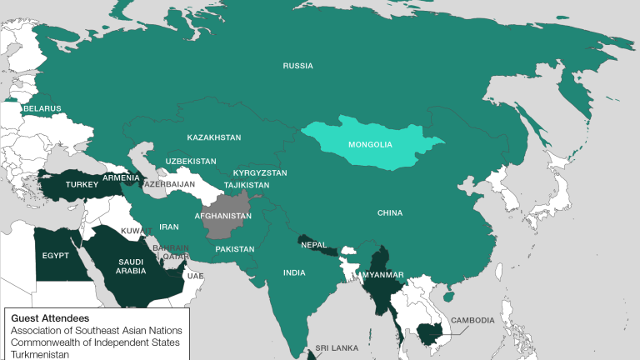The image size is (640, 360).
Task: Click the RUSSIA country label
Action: (x=297, y=65)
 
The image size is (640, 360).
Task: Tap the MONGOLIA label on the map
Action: (x=370, y=144)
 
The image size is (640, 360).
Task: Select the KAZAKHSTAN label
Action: (x=213, y=137)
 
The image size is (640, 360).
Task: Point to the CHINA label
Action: (x=389, y=213)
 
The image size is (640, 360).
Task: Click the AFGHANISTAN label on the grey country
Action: (x=222, y=216)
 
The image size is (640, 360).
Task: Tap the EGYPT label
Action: (x=54, y=254)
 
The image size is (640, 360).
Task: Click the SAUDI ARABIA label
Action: (x=131, y=264)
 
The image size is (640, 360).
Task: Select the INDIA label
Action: (x=293, y=272)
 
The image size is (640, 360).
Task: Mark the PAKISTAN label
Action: (x=234, y=249)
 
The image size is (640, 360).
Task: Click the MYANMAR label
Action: (x=382, y=275)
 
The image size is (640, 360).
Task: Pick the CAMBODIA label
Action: (x=472, y=320)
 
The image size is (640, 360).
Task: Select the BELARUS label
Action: (x=42, y=108)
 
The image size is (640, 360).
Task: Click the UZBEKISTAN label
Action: (x=190, y=160)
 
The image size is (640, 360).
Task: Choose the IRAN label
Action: (x=169, y=226)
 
